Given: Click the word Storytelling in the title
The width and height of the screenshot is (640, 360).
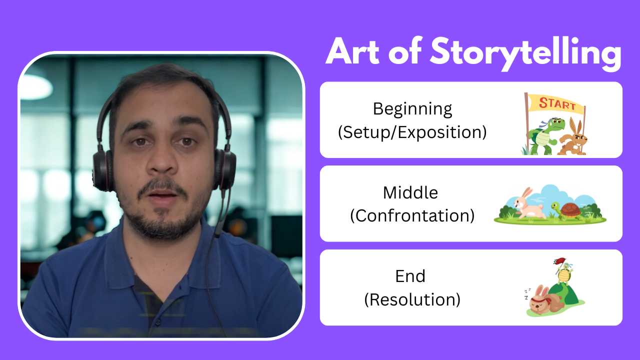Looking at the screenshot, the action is (x=525, y=54).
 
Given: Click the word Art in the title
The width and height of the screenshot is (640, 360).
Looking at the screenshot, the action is (x=352, y=51).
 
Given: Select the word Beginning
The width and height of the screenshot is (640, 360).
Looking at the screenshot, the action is (x=412, y=109).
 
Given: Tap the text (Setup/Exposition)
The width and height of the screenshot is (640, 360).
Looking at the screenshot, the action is (x=412, y=132).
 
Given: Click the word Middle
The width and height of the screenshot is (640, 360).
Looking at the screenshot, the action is (x=410, y=193).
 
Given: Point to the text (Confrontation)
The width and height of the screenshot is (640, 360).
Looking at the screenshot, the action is (x=412, y=215).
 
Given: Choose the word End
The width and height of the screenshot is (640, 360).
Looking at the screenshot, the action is (x=410, y=276).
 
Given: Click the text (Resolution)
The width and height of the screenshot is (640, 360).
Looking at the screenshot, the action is (x=412, y=299).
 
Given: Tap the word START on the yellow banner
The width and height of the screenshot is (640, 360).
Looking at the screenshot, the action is (x=557, y=103).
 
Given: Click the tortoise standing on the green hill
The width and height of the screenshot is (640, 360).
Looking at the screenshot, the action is (x=564, y=273).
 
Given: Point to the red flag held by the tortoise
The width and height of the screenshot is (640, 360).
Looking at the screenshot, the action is (x=559, y=261).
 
